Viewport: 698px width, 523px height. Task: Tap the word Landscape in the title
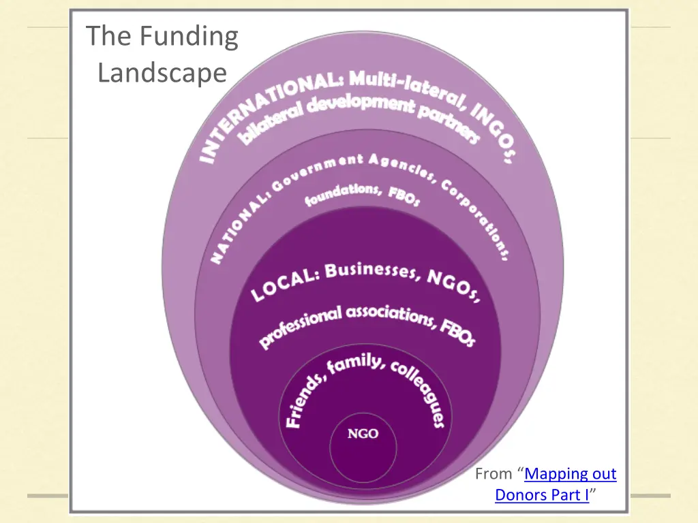(162, 72)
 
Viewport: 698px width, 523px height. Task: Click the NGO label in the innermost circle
(363, 434)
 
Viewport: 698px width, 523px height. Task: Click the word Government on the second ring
(314, 171)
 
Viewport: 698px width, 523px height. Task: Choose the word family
(354, 365)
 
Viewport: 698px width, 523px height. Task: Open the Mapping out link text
(570, 474)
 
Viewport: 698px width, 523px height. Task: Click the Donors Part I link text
(541, 495)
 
